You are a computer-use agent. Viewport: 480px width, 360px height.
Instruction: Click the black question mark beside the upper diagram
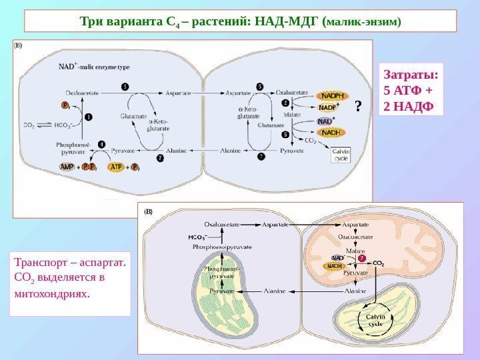tap(358, 107)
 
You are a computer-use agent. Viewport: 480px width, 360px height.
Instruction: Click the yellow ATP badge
tap(116, 167)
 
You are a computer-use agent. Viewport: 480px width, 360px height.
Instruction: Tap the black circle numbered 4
tap(101, 143)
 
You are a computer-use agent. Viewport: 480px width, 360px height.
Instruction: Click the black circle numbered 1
tap(87, 116)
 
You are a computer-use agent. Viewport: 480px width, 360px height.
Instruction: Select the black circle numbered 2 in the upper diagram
tap(286, 103)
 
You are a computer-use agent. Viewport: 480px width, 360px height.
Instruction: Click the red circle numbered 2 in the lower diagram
tap(363, 258)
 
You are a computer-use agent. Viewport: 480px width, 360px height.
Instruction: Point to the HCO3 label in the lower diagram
tap(197, 237)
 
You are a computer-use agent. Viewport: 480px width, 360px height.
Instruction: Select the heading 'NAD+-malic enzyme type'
tap(94, 66)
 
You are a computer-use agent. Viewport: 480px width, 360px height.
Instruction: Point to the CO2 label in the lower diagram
tap(379, 263)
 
